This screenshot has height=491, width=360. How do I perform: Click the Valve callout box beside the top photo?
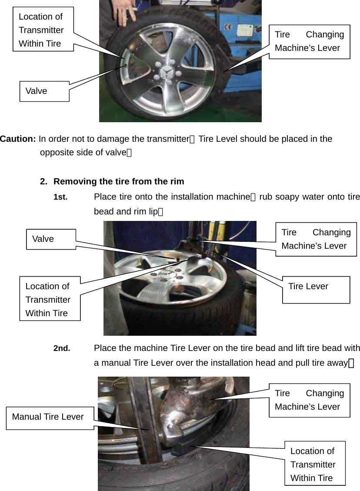[x=44, y=91]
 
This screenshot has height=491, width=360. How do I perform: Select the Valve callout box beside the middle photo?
[x=51, y=239]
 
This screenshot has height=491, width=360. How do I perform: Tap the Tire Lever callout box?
[x=316, y=289]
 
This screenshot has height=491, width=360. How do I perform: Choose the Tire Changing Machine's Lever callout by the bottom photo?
[x=309, y=400]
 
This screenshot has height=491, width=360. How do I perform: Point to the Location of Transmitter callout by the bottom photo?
[x=315, y=464]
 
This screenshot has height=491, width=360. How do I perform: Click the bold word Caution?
[x=18, y=139]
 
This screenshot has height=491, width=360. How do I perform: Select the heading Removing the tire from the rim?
[x=119, y=181]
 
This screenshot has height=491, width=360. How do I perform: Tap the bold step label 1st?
[x=60, y=197]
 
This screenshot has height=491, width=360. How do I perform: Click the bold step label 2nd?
[x=62, y=348]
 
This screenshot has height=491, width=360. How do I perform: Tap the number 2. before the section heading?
[x=44, y=181]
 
